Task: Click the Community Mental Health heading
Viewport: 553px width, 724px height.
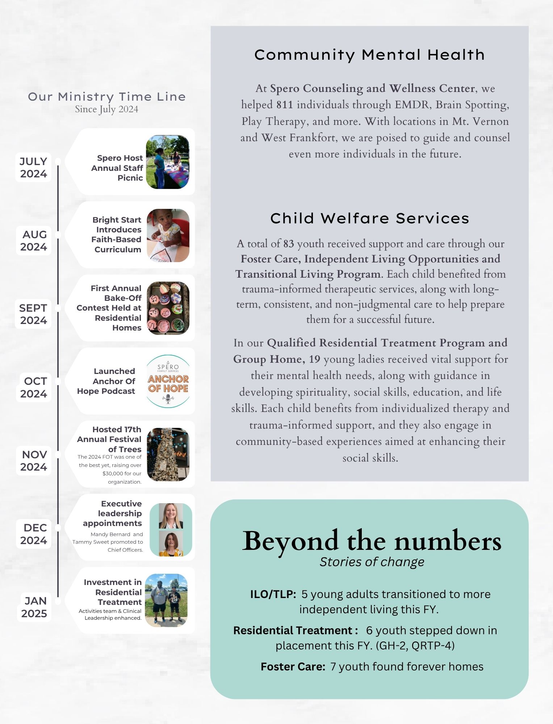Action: [x=369, y=55]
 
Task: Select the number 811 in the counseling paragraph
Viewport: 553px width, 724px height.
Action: [x=285, y=105]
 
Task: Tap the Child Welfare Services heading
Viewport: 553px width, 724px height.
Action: [x=369, y=218]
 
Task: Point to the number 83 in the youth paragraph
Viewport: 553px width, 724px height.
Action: [x=289, y=244]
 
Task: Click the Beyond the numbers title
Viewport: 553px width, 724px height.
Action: [x=372, y=541]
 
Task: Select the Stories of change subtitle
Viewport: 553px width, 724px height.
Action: [x=372, y=562]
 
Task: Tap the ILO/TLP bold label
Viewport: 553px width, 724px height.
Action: [x=273, y=594]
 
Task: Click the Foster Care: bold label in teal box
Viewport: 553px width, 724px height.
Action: [x=293, y=666]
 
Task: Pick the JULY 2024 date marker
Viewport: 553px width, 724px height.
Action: [x=33, y=168]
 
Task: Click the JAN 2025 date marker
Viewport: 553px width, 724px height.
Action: [x=34, y=607]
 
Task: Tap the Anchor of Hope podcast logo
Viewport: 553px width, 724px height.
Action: [x=168, y=381]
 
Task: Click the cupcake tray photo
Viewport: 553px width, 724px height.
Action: [x=168, y=308]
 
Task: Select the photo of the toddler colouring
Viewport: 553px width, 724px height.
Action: [x=168, y=235]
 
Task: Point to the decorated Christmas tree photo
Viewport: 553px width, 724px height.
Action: [x=168, y=454]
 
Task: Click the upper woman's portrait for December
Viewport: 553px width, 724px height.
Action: [x=171, y=516]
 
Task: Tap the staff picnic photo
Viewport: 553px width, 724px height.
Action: [x=168, y=162]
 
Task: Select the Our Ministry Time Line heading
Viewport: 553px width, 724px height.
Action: [x=107, y=97]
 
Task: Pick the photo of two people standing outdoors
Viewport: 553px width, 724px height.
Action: [x=166, y=600]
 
